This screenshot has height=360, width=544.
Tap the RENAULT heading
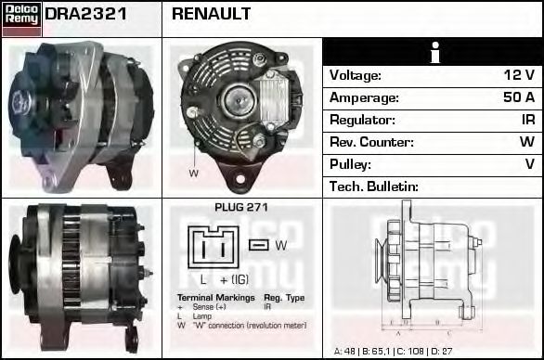coord(211,15)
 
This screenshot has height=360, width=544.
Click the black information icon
coord(434,53)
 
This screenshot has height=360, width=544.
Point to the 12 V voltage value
coord(519,75)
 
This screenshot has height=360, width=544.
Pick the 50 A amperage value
coord(518,97)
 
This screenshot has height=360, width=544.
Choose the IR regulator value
coord(526,120)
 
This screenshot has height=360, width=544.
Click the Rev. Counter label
coord(370,142)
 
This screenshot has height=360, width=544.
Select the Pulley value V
coord(529,164)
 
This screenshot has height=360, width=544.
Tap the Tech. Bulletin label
coord(374,186)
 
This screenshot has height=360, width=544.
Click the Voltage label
coord(356,75)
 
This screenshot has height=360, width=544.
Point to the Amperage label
coord(365,97)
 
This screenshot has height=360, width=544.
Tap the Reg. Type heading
coord(283,298)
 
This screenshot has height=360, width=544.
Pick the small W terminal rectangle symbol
coord(259,245)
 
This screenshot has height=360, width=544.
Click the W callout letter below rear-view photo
coord(194,174)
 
